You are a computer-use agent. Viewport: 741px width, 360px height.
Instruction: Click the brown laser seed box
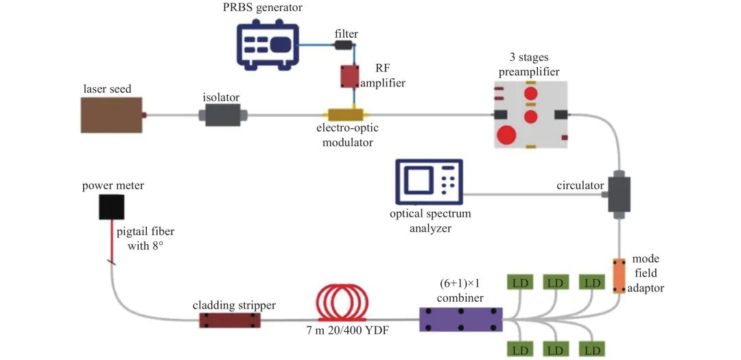click(111, 115)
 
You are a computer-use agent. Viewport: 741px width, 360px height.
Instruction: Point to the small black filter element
click(343, 46)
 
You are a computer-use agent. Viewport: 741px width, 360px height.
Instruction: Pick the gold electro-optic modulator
click(346, 115)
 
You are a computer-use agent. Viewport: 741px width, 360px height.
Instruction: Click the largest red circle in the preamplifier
click(507, 134)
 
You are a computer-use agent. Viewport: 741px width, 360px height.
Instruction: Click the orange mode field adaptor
click(619, 275)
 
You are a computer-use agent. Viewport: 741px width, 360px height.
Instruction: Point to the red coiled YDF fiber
click(342, 304)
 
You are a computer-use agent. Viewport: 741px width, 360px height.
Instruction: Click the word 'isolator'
click(221, 97)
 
